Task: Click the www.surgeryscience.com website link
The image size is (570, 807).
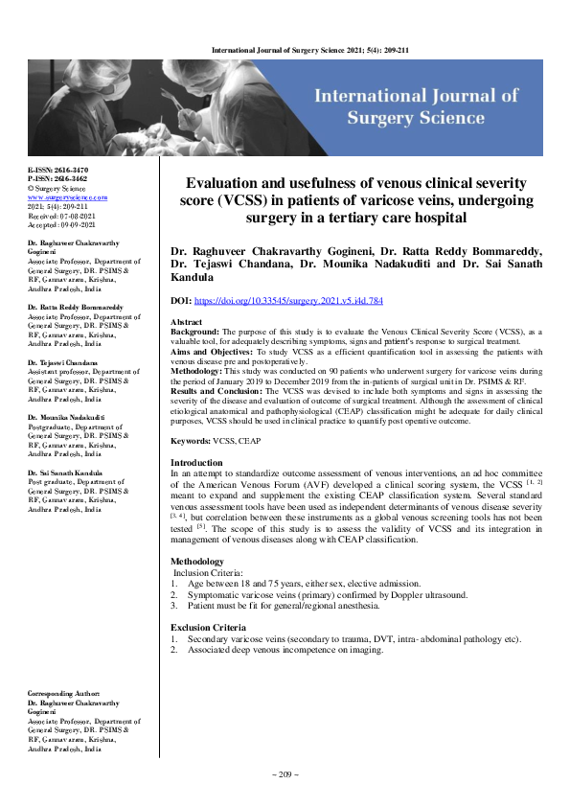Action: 67,196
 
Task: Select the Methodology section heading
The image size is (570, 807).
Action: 197,562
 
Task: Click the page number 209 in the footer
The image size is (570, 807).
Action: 285,773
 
